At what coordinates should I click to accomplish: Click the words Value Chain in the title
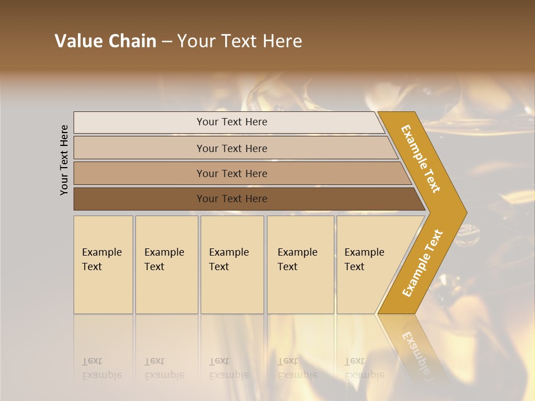pos(105,41)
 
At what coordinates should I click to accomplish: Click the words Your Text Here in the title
pos(240,41)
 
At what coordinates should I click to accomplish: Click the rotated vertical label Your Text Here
pos(65,160)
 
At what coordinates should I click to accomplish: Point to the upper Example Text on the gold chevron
pos(421,159)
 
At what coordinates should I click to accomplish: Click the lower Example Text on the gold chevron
pos(422,263)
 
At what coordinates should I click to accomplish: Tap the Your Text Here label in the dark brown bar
pos(232,199)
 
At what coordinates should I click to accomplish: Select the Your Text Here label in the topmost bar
pos(232,122)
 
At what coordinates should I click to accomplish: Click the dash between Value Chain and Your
pos(167,42)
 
